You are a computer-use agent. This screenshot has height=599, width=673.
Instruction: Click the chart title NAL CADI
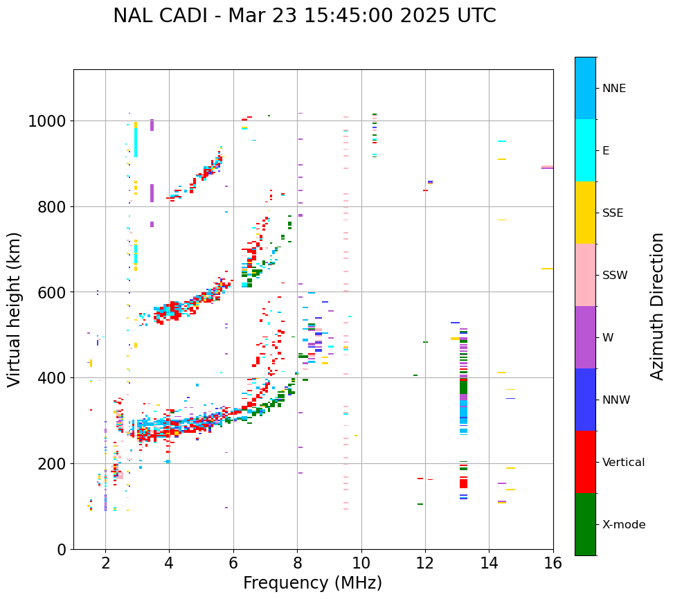coord(305,16)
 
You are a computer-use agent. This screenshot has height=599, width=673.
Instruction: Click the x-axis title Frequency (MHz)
coord(312,583)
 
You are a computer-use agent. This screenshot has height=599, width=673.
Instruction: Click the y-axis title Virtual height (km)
coord(15,309)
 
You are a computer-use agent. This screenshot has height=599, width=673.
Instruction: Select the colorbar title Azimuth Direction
coord(657,305)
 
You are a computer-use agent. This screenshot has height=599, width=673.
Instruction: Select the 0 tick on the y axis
coord(62,550)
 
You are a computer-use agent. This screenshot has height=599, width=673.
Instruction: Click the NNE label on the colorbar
coord(614,89)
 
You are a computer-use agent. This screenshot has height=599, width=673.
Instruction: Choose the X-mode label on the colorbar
coord(624,525)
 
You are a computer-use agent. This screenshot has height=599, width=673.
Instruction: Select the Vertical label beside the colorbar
coord(623,463)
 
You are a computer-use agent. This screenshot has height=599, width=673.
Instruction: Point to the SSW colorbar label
coord(615,276)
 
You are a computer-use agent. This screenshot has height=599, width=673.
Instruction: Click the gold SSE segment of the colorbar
coord(585,213)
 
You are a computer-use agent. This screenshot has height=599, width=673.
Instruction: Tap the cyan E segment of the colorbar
coord(585,150)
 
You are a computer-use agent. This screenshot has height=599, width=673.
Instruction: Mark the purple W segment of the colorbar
coord(585,337)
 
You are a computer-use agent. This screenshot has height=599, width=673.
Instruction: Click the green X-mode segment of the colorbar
coord(585,524)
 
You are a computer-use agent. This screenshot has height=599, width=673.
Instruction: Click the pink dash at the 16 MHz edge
coord(547,167)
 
